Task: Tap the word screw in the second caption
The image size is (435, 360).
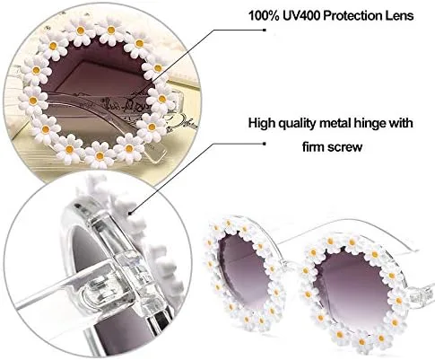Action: coord(344,147)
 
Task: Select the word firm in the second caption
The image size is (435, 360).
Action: coord(313,146)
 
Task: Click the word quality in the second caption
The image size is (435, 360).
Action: coord(295,124)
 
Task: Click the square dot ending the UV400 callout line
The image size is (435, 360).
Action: coord(264,30)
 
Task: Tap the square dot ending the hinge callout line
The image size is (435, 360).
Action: coord(264,144)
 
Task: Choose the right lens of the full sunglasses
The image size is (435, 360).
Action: coord(352,287)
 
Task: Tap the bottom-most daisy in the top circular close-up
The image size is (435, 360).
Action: coord(100,155)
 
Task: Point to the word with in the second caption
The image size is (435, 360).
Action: coord(400,123)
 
